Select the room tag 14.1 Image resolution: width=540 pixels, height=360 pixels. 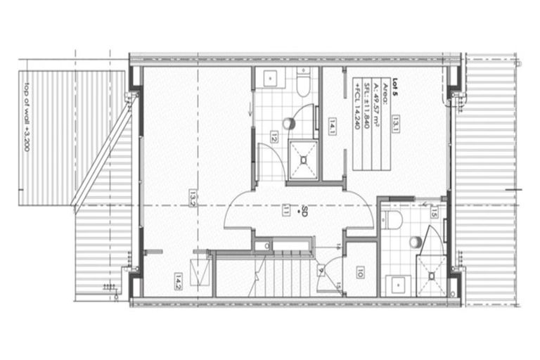(332, 127)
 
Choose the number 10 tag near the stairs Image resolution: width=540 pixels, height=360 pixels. (359, 273)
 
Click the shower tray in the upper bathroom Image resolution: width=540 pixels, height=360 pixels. (304, 158)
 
